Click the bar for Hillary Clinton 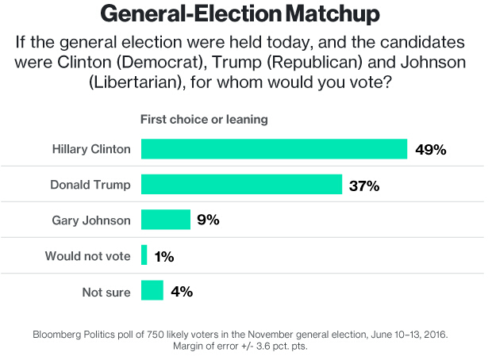coord(274,149)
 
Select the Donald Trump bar coord(241,185)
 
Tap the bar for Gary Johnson coord(165,220)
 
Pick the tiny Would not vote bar coord(144,255)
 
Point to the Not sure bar coord(152,291)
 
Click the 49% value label coord(431,149)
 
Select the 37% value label coord(364,186)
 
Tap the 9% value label coord(208,220)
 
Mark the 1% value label coord(163,256)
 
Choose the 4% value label coord(181,291)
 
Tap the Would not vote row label coord(87,256)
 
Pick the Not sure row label coord(106,292)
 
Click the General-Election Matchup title coord(246,14)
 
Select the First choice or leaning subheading coord(204,119)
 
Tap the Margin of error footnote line coord(246,347)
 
